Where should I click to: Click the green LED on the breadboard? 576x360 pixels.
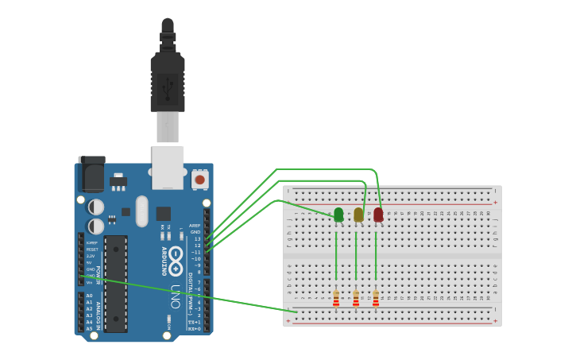(x=338, y=215)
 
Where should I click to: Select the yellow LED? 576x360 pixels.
(x=358, y=215)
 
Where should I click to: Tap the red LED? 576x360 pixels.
(x=378, y=215)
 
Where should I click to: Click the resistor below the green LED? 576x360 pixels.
(x=336, y=298)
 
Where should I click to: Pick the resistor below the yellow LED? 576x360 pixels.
(x=356, y=298)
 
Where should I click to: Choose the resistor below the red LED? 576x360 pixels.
(x=376, y=298)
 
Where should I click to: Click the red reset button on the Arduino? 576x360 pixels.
(x=199, y=180)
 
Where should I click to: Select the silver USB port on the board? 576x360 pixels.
(x=168, y=167)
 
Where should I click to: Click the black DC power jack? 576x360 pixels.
(x=91, y=174)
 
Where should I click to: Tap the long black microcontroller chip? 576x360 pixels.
(x=115, y=284)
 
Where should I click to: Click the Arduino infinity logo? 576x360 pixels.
(x=176, y=256)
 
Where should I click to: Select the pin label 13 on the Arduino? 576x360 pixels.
(x=197, y=238)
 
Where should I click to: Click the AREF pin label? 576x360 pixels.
(x=195, y=225)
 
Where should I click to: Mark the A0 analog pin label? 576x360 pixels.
(x=89, y=296)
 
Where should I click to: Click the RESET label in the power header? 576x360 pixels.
(x=92, y=250)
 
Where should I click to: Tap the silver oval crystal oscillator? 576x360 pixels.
(x=142, y=211)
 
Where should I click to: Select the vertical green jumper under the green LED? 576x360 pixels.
(x=336, y=254)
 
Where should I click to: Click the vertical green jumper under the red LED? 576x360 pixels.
(x=376, y=254)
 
